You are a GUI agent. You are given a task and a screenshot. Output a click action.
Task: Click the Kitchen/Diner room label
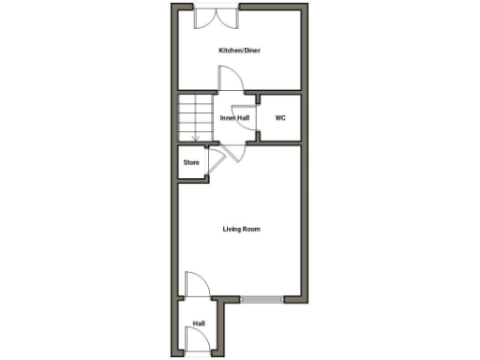[239, 50]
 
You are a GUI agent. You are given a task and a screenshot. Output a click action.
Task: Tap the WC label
[279, 118]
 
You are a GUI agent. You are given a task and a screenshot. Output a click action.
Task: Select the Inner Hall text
[234, 118]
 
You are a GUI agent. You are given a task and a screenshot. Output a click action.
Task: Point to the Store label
[191, 162]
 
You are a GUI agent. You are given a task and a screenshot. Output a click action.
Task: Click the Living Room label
[241, 229]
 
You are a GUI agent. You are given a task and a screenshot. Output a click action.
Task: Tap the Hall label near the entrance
[199, 323]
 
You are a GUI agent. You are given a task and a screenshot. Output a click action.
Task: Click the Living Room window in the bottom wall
[262, 299]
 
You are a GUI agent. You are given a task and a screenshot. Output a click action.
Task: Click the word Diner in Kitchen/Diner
[250, 50]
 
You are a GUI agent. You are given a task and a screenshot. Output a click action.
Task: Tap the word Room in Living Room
[251, 229]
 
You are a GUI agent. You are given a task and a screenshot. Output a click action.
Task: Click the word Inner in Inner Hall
[227, 118]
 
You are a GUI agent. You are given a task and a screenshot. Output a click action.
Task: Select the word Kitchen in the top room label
[228, 50]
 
